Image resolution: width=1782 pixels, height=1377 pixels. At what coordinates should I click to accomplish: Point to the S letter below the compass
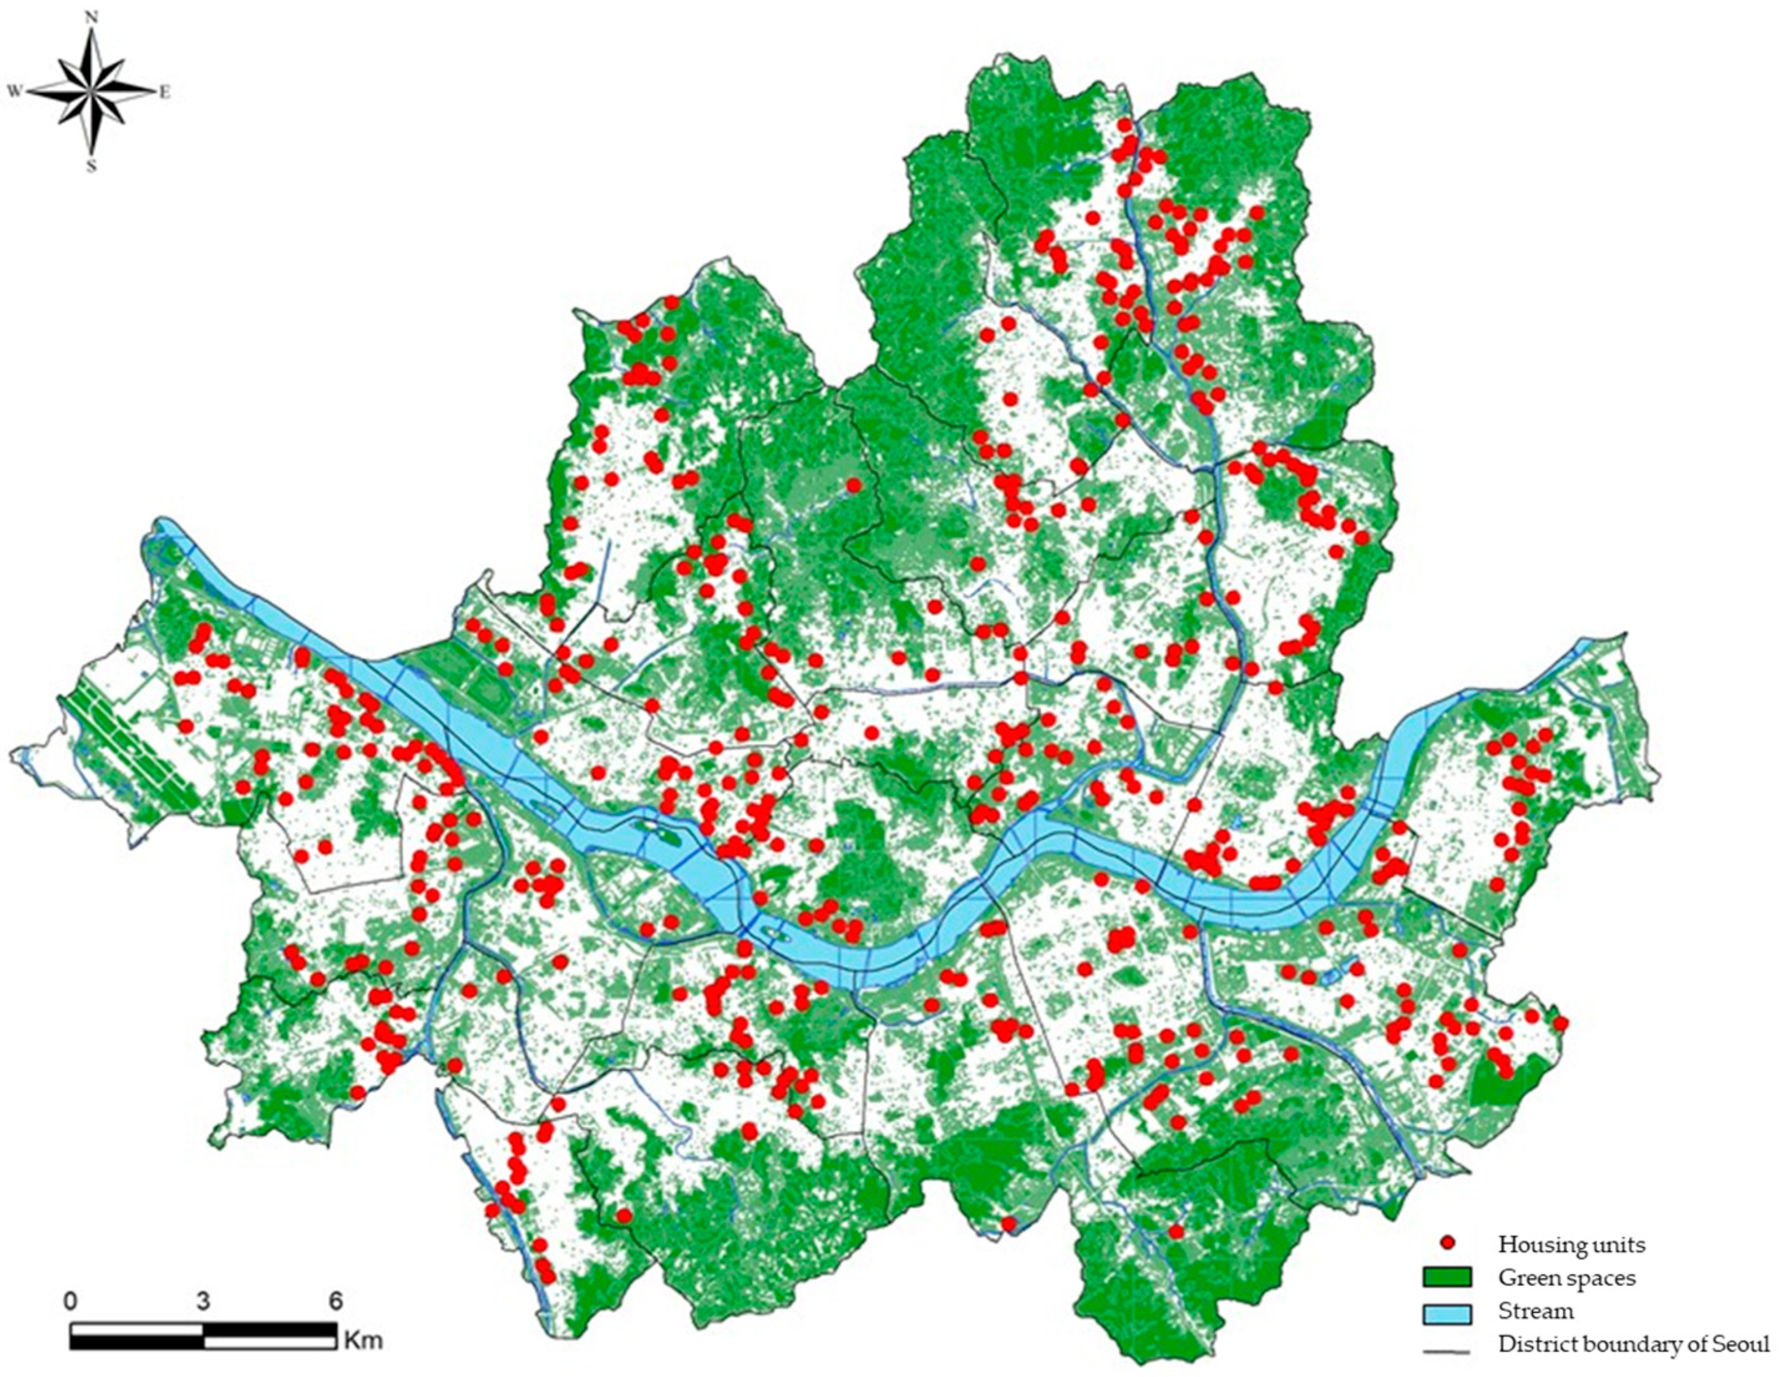[92, 167]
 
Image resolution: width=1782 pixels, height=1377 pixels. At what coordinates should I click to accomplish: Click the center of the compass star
[92, 92]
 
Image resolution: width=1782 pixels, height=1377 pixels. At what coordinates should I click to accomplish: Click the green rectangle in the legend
[1448, 1277]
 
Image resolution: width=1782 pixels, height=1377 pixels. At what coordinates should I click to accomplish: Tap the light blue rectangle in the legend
[1448, 1311]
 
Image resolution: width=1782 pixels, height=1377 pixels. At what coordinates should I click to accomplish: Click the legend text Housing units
[1572, 1245]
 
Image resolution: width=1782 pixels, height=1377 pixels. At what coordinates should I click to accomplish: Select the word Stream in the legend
[1535, 1311]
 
